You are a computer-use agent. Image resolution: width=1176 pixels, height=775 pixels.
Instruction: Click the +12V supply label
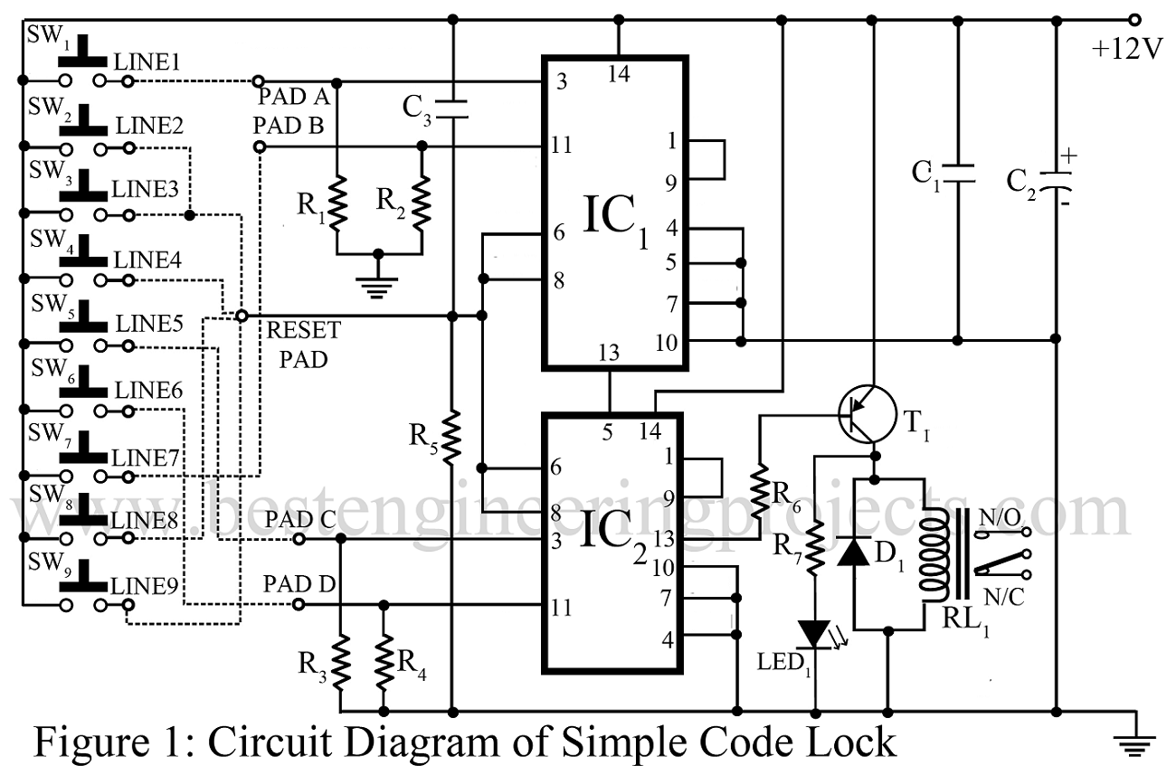[x=1126, y=50]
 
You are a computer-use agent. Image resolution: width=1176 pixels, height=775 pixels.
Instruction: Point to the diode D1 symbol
[x=853, y=551]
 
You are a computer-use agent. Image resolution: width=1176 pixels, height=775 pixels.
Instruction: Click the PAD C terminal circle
[x=299, y=539]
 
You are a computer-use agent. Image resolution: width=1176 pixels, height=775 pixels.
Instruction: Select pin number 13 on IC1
[x=610, y=354]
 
